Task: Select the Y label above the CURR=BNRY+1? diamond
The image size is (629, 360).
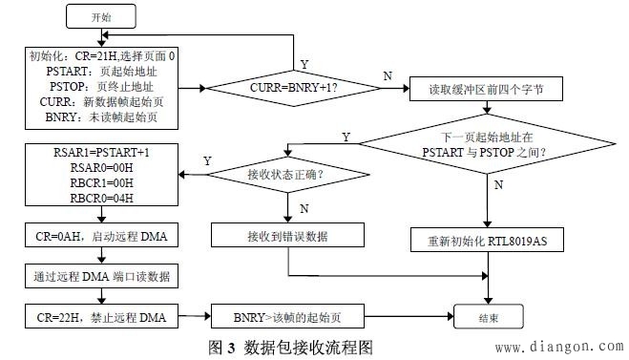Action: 304,63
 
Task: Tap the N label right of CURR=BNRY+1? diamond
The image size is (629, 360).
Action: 387,75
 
